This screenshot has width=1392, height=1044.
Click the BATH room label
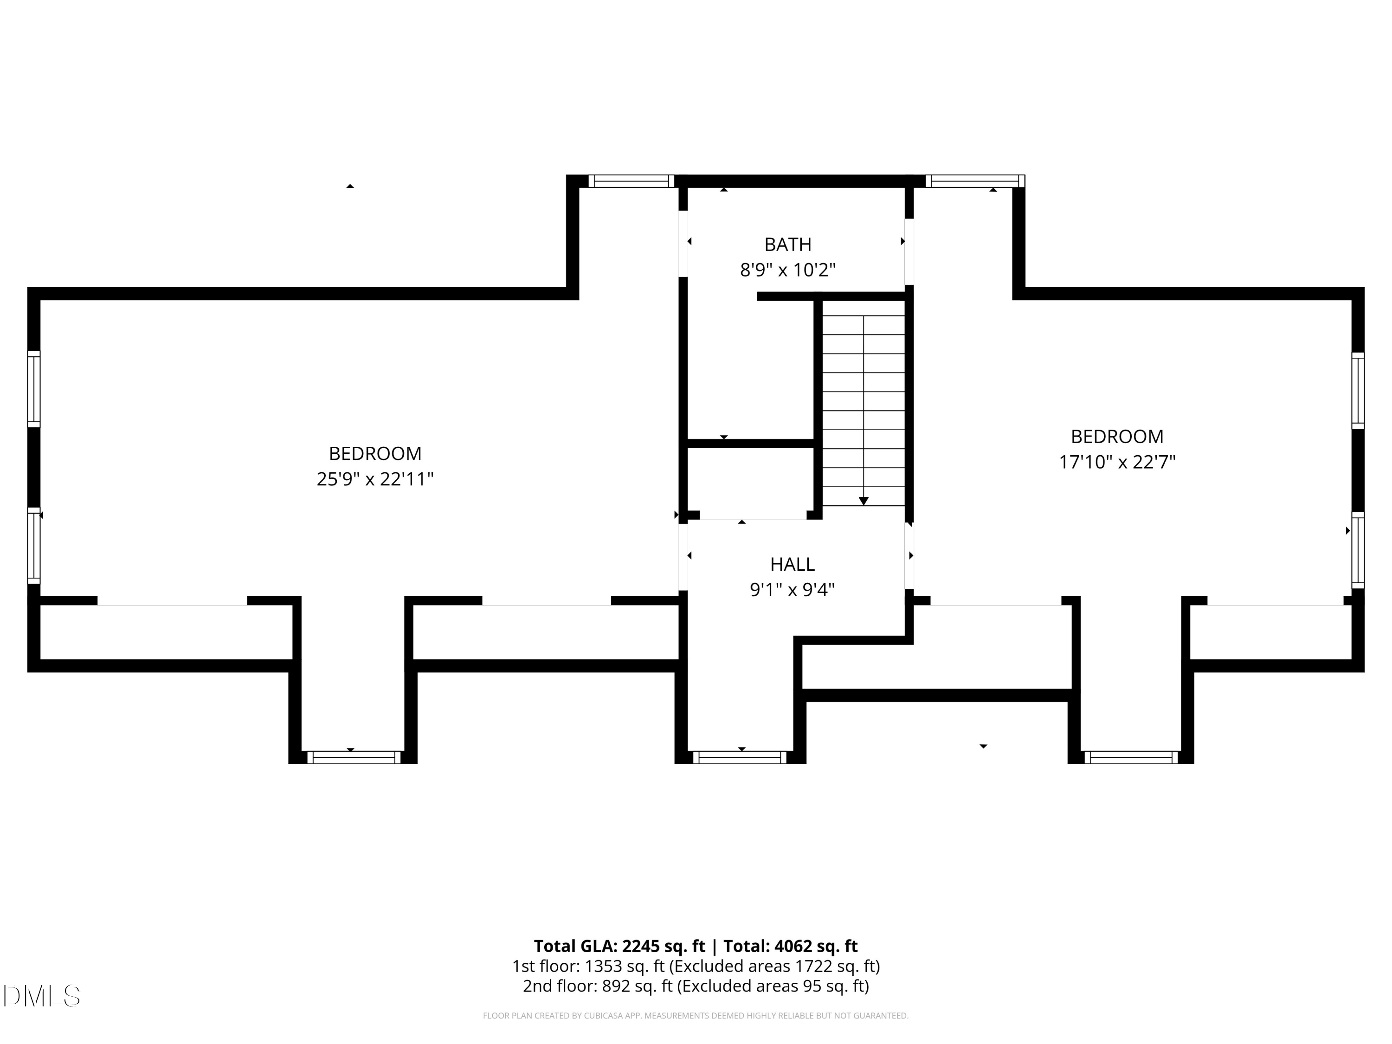787,244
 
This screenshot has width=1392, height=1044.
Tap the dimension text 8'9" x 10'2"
787,270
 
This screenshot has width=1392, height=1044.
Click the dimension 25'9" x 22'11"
375,479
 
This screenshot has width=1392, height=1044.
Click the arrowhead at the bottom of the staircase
864,501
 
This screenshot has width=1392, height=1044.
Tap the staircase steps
864,403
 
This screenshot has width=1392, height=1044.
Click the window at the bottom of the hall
740,757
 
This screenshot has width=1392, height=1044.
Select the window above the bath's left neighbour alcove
631,181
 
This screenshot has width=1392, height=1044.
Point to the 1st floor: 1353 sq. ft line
696,966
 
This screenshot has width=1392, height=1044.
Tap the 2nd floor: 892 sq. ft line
696,986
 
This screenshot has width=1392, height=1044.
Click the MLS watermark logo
42,996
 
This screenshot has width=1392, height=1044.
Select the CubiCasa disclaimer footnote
696,1016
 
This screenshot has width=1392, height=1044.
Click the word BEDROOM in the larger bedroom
375,454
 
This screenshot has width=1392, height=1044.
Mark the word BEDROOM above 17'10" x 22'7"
1117,437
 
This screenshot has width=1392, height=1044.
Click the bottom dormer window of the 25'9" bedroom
354,757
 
